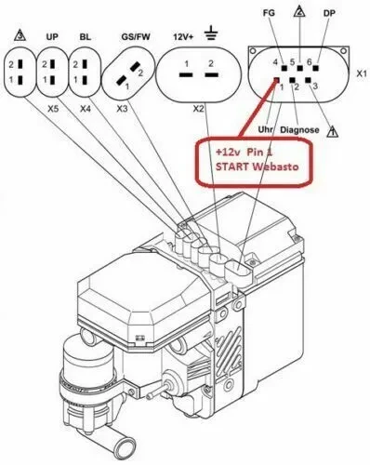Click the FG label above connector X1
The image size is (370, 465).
[x=269, y=13]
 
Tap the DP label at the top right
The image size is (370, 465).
[x=329, y=13]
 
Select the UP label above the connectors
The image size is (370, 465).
[x=52, y=37]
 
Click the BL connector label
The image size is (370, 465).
[x=85, y=37]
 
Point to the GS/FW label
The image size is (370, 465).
[x=136, y=37]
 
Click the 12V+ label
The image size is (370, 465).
[x=183, y=37]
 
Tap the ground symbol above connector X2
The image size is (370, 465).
[x=211, y=33]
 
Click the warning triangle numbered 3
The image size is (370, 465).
[x=20, y=35]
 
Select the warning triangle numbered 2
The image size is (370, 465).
[x=299, y=11]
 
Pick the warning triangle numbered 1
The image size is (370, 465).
[x=333, y=131]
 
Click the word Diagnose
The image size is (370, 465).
[x=299, y=130]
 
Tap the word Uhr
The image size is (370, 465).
[x=265, y=129]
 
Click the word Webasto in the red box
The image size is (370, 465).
[x=275, y=166]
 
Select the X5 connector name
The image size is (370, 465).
[x=53, y=109]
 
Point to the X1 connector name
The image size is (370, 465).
[x=362, y=73]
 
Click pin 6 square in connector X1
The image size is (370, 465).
[x=316, y=68]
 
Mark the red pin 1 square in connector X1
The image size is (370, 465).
[x=277, y=80]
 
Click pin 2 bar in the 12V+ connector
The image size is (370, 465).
[x=211, y=75]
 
